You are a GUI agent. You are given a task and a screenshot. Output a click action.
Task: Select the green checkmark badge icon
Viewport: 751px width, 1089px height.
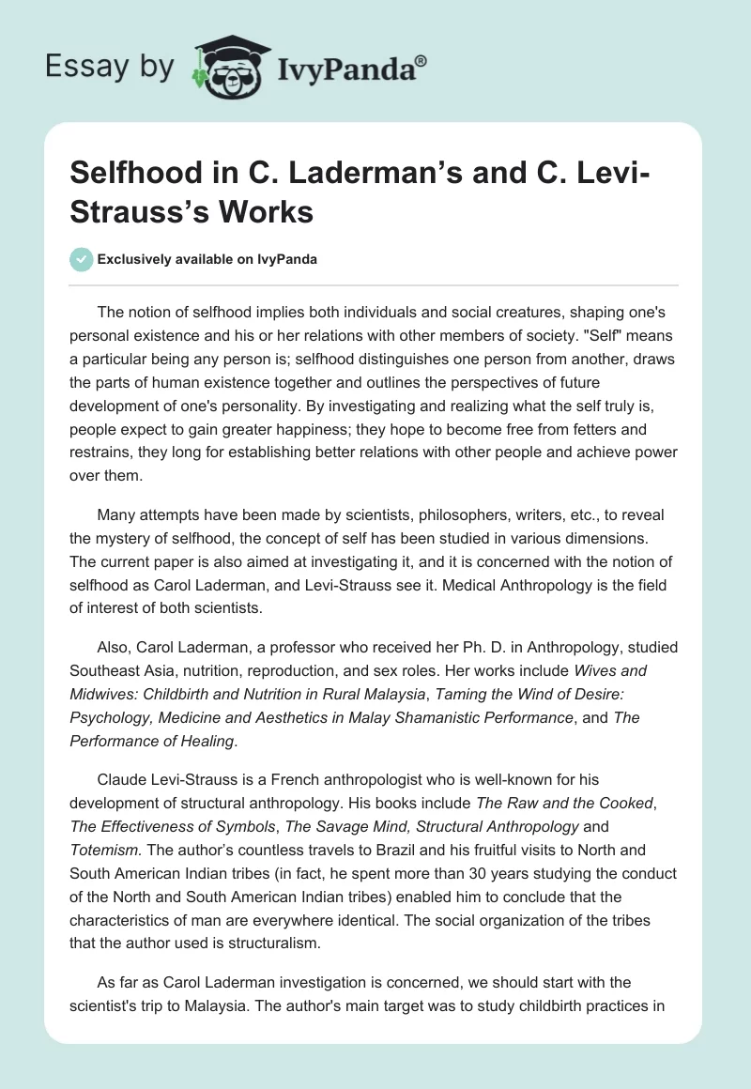[x=82, y=259]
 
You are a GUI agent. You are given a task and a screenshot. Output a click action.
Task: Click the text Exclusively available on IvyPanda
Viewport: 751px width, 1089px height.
[x=207, y=259]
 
